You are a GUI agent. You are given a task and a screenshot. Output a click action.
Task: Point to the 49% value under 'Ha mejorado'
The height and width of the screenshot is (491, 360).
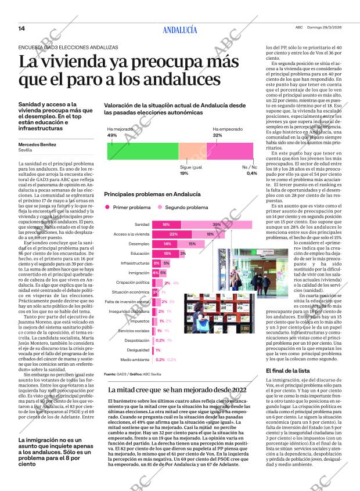pos(112,135)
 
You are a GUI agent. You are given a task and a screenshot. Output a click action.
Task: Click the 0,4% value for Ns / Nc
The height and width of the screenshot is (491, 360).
pos(251,174)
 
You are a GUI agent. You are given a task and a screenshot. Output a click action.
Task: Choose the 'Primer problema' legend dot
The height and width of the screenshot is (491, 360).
pos(107,207)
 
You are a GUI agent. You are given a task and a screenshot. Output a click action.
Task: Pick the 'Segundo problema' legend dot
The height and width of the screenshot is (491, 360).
pos(160,207)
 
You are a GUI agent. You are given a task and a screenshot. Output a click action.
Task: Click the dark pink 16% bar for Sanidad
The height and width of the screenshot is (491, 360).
pos(165,225)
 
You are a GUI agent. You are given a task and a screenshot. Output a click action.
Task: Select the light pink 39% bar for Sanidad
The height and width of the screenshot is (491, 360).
pos(216,225)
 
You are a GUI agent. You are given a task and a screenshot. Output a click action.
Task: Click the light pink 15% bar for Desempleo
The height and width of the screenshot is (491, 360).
pos(192,244)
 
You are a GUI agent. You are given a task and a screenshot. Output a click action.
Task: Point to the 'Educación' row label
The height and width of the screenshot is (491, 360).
pos(140,254)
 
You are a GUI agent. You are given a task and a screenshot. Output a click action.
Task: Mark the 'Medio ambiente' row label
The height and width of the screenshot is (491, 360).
pos(135,360)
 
